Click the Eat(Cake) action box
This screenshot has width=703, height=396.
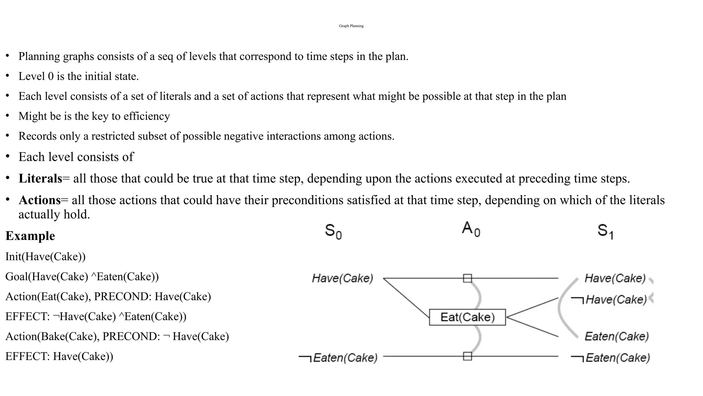(467, 317)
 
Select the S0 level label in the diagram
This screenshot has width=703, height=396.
(333, 231)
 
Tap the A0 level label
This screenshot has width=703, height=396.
(471, 229)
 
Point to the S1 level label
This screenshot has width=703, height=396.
(605, 231)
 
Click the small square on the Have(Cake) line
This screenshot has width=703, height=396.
(467, 278)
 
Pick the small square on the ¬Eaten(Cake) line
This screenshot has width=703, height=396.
(467, 356)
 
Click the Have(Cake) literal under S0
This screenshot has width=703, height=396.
(342, 278)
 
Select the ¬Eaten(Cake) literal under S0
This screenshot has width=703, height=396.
(338, 358)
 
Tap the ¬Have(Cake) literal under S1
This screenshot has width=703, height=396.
(609, 300)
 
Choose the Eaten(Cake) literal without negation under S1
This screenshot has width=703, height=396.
(616, 336)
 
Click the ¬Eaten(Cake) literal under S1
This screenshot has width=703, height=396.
(611, 358)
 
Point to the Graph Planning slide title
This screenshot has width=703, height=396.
(351, 26)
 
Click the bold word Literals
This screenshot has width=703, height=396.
(40, 179)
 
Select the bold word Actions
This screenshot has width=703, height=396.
(39, 200)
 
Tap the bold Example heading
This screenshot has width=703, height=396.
(30, 236)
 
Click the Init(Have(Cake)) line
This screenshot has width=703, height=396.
(45, 256)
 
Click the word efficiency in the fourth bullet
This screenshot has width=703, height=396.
(147, 116)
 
